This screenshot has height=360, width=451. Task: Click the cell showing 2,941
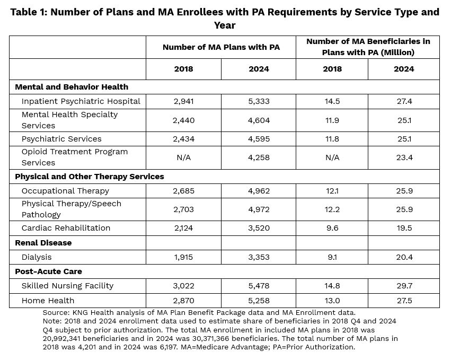[183, 101]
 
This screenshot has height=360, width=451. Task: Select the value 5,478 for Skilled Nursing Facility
[259, 286]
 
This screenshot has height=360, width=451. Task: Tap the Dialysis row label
[37, 257]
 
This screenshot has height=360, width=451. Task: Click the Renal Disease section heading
[43, 243]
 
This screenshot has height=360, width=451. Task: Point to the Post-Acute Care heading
[48, 271]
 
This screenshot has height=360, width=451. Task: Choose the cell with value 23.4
[404, 157]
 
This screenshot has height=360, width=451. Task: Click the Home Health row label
[48, 301]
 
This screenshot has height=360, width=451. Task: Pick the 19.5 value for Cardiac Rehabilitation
[404, 228]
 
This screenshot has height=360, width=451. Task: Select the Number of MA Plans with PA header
[221, 47]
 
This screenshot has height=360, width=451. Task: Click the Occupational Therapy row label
[65, 191]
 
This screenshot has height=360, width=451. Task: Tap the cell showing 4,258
[259, 157]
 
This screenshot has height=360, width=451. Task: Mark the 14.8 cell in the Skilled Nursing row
[332, 286]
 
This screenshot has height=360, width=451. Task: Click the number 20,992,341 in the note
[61, 338]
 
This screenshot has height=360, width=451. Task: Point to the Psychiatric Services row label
[61, 139]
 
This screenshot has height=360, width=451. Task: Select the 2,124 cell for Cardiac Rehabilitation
[183, 228]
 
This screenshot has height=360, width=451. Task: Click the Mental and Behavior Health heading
[72, 87]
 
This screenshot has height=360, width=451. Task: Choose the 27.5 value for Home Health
[404, 301]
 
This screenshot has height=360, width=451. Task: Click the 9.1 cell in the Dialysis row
[332, 257]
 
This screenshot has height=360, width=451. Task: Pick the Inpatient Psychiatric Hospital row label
[81, 101]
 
